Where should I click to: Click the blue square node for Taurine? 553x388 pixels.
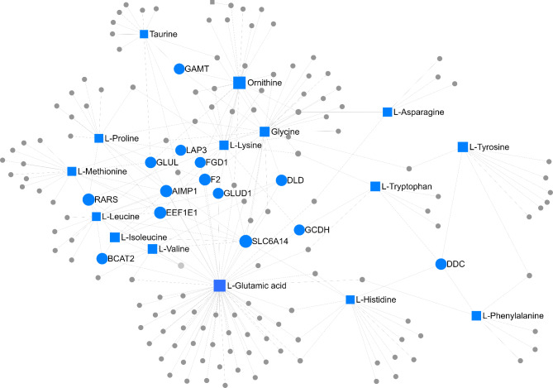coord(144,34)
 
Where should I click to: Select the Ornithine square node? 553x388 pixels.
coord(240,82)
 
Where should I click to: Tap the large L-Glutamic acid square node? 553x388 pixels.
coord(220,285)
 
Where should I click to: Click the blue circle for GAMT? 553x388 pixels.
coord(179,69)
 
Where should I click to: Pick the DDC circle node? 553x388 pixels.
coord(441,264)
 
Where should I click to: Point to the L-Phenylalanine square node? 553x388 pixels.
coord(476,315)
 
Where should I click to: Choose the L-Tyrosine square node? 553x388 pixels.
coord(462,147)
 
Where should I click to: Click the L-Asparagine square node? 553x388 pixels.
coord(387,112)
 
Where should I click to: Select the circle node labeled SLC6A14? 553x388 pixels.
coord(245,241)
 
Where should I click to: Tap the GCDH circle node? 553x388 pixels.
coord(299,229)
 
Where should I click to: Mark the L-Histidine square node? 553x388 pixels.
coord(350,298)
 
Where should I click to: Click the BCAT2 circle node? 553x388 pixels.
coord(102,258)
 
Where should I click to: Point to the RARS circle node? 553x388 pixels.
coord(88,199)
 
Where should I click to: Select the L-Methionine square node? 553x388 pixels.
coord(72,171)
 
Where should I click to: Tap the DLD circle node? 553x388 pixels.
coord(281,180)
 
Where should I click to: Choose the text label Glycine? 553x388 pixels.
coord(284,132)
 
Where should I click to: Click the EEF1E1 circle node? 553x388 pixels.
coord(160,213)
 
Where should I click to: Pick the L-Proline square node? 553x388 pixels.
coord(98,138)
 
